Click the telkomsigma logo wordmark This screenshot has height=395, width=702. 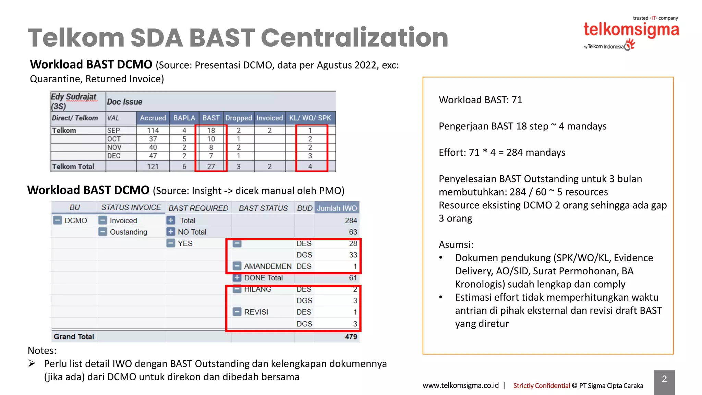click(x=631, y=30)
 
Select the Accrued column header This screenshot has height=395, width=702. click(x=153, y=118)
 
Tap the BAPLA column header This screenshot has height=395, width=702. click(x=184, y=118)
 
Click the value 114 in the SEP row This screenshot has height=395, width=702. click(x=153, y=130)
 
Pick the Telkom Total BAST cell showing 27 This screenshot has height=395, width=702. click(x=211, y=166)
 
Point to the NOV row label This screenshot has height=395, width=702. click(x=114, y=147)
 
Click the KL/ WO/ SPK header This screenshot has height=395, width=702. click(x=310, y=118)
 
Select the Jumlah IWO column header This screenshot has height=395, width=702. click(x=337, y=208)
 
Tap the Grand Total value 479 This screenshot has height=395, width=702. click(x=351, y=337)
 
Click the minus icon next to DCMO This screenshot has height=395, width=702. click(x=57, y=220)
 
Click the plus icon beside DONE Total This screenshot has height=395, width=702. click(x=237, y=278)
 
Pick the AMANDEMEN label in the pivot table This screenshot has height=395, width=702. click(x=267, y=266)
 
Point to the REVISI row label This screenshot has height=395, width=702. click(x=256, y=312)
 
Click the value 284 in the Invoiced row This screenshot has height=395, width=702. click(x=351, y=220)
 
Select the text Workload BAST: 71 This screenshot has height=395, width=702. click(x=480, y=100)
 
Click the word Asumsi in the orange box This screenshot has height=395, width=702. click(x=456, y=245)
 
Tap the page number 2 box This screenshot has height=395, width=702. click(x=664, y=380)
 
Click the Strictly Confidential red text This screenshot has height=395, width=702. click(x=541, y=386)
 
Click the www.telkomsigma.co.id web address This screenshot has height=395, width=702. click(x=460, y=385)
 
